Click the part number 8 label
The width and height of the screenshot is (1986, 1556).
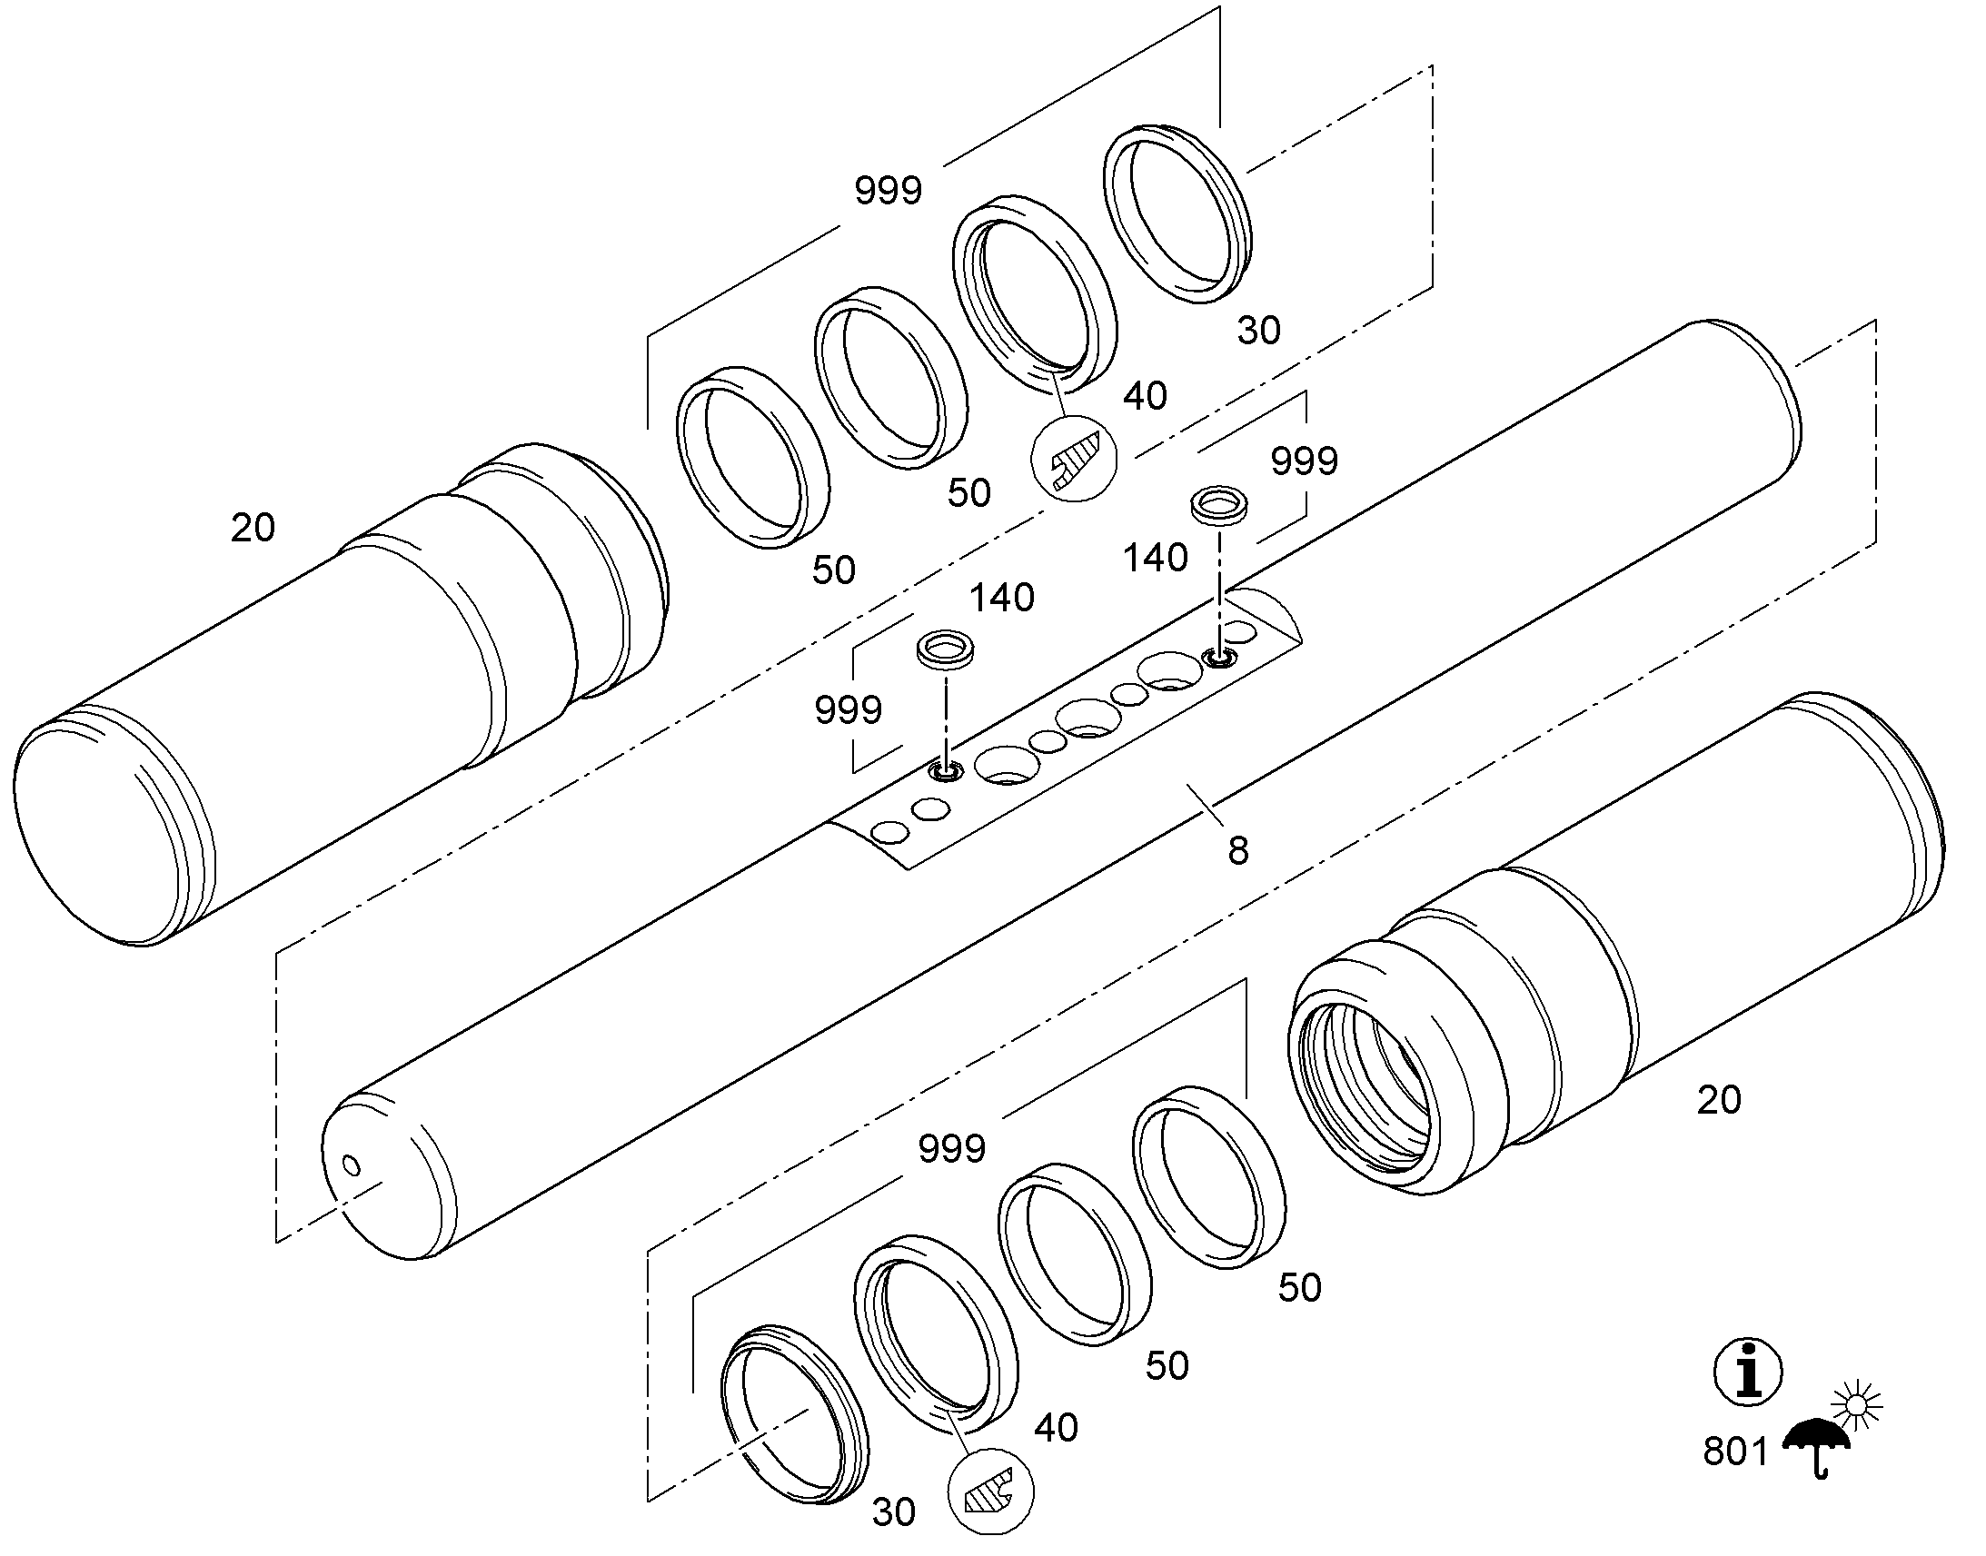click(1237, 851)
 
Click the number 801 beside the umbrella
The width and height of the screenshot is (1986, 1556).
click(1735, 1452)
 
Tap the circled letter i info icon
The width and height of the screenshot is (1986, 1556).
click(1748, 1372)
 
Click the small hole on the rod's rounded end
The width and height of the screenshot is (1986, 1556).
click(350, 1165)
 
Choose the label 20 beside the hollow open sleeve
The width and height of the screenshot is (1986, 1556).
click(1718, 1101)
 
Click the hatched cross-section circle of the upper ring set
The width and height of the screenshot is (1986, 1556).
click(1073, 458)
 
